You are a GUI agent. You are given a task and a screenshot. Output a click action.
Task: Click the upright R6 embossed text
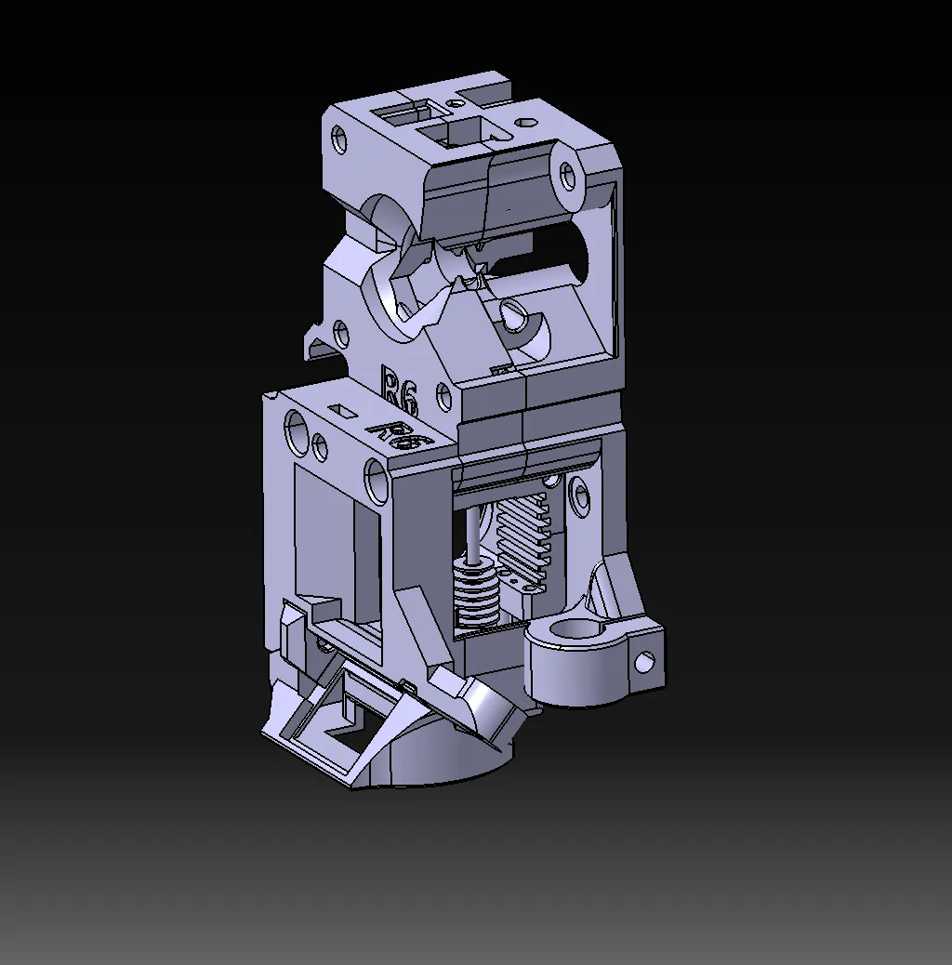[401, 388]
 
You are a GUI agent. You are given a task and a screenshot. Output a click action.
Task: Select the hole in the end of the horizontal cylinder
[566, 176]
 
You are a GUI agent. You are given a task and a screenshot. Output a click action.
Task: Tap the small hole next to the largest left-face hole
[321, 446]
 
